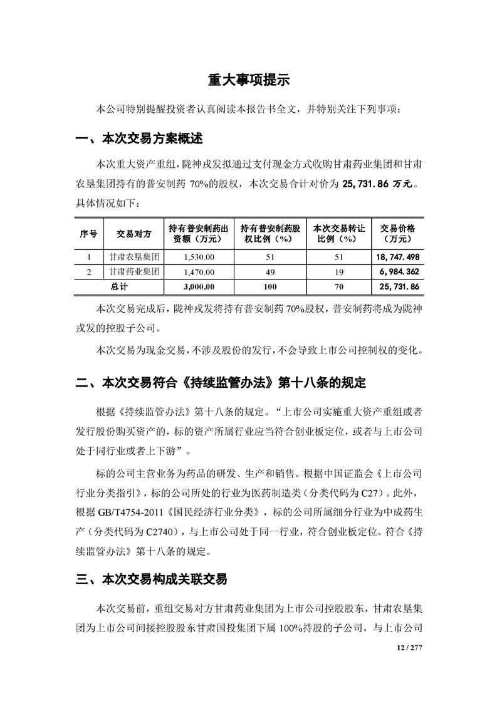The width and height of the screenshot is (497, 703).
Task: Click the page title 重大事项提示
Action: point(248,81)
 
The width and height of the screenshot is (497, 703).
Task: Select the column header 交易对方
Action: point(134,234)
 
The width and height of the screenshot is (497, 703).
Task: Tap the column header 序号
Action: point(88,234)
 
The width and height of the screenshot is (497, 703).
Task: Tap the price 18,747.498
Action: point(398,257)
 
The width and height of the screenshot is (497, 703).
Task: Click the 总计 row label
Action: point(119,287)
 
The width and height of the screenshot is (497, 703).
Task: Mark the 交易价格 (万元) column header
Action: point(397,234)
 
